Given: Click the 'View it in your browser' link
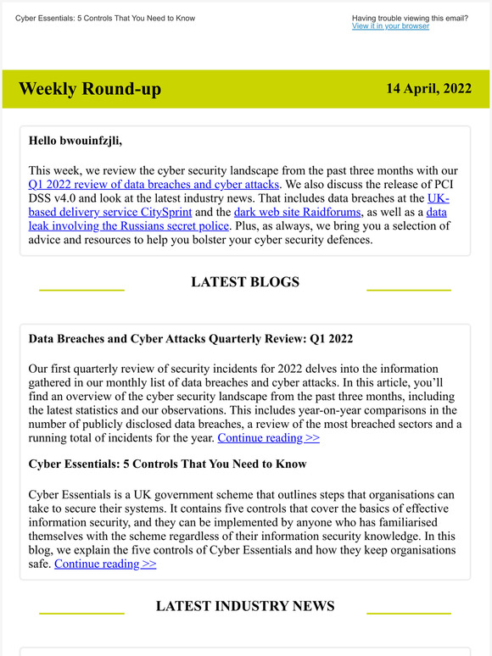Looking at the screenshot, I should (390, 26).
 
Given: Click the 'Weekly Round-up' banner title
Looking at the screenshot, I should (89, 89).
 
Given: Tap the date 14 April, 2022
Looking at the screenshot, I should (428, 88).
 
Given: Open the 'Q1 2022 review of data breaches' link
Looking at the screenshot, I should (154, 184).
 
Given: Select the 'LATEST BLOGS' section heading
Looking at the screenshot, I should (245, 282).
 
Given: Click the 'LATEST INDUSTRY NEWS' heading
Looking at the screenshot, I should (245, 605).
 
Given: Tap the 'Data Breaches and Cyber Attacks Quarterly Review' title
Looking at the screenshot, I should (191, 338).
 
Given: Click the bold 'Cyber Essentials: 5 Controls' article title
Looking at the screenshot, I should (167, 464).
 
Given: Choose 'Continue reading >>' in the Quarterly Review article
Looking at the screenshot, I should (268, 438).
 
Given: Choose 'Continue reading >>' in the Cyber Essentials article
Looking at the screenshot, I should (105, 564).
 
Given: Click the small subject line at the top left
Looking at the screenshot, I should (105, 18).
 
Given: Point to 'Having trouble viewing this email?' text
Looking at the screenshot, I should (410, 18).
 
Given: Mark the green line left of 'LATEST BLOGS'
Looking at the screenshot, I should (81, 290).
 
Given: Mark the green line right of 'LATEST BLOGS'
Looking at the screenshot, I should (408, 290).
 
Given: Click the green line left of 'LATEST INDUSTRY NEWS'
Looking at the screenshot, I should (81, 613).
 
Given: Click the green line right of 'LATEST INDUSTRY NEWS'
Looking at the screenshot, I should (408, 613).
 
